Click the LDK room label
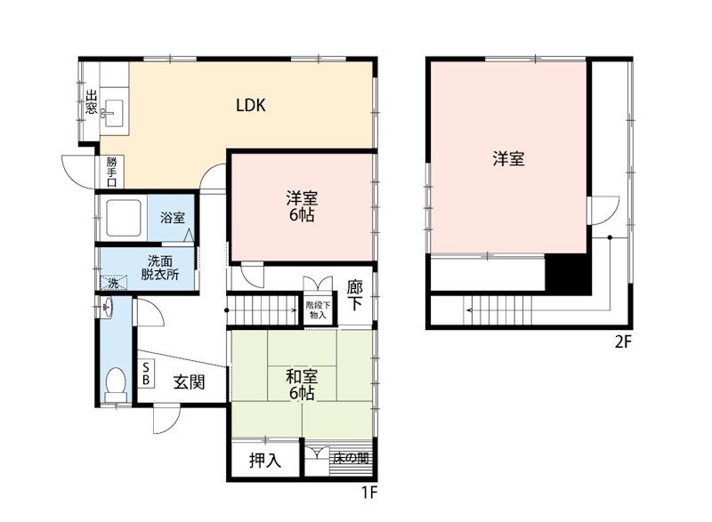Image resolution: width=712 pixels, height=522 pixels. [x=251, y=105]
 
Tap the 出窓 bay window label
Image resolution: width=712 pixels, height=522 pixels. [x=92, y=102]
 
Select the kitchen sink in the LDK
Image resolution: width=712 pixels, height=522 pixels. [x=115, y=112]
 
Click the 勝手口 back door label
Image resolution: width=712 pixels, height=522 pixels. [x=112, y=172]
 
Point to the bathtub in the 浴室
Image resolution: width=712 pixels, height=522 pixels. [x=124, y=218]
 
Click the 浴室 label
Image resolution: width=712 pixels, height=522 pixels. [x=173, y=218]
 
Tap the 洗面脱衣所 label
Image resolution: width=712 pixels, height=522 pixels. [x=160, y=268]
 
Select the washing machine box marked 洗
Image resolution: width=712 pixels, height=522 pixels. [x=114, y=283]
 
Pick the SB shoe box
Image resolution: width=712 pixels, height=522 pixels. [x=146, y=373]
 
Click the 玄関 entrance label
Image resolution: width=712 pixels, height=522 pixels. [x=190, y=382]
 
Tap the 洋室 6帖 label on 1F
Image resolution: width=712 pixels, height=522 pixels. [x=302, y=206]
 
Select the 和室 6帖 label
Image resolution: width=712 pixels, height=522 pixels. [x=302, y=384]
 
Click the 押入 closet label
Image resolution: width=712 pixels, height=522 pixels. [x=265, y=461]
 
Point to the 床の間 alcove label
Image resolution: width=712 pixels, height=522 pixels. [x=351, y=459]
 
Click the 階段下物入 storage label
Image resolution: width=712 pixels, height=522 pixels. [x=318, y=309]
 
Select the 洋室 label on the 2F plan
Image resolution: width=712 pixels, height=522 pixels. [x=508, y=158]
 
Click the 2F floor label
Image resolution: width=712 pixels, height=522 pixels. [x=624, y=341]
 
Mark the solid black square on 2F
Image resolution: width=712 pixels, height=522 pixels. [x=568, y=274]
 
